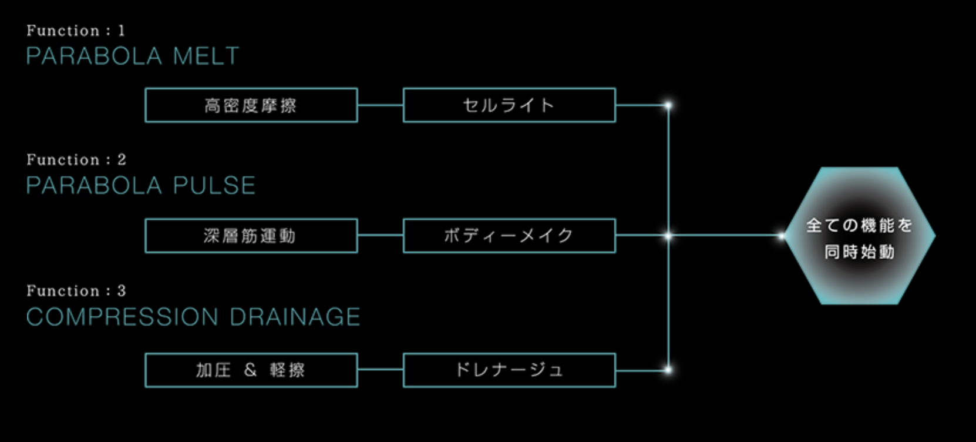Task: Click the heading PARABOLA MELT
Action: point(133,56)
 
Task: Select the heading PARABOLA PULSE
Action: point(141,186)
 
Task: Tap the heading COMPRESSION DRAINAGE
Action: point(193,317)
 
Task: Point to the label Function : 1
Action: point(76,31)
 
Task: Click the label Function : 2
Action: point(76,160)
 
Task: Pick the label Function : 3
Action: point(76,291)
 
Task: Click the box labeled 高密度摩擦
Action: point(251,105)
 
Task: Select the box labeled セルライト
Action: point(509,105)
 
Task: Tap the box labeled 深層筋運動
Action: point(251,236)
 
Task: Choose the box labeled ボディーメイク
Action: point(509,236)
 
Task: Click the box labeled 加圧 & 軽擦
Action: point(251,370)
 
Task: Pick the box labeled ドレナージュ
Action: point(509,370)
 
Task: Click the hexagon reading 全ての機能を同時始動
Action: point(860,236)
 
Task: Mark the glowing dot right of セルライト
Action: point(668,106)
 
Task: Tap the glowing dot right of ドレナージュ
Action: point(668,370)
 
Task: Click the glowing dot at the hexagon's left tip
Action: point(782,236)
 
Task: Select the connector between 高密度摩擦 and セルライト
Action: point(380,106)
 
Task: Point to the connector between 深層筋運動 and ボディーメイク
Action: point(380,236)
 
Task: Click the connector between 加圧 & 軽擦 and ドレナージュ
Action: point(380,370)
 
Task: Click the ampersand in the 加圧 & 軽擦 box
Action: point(251,370)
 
